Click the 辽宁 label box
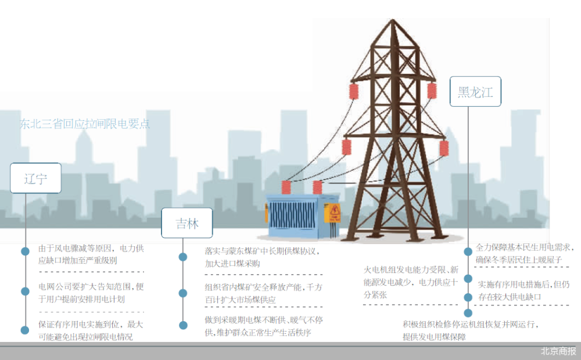(36, 178)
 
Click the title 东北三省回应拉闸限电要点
(84, 124)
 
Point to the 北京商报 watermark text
(558, 351)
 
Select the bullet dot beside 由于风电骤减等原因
(25, 251)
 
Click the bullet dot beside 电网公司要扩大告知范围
(25, 291)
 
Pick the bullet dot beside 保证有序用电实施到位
(25, 330)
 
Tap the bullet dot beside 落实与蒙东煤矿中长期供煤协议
(184, 257)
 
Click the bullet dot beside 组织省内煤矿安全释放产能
(184, 293)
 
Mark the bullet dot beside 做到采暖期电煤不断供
(184, 325)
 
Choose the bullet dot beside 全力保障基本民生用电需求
(468, 251)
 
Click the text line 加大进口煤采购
(232, 263)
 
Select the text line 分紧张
(375, 294)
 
